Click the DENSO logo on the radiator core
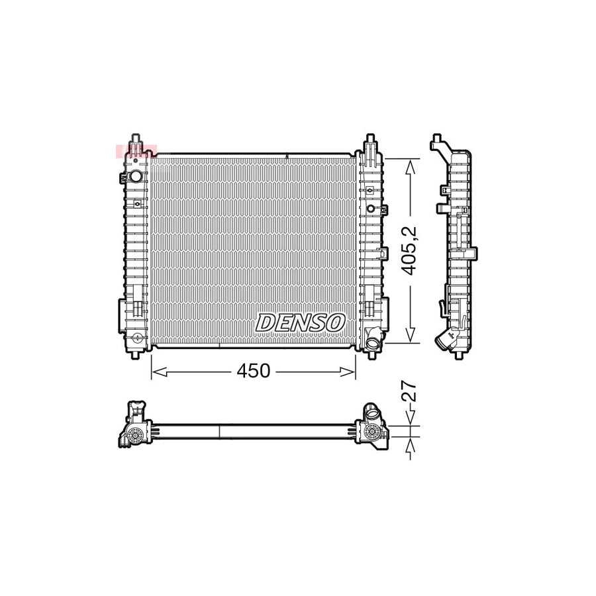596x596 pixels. pos(301,323)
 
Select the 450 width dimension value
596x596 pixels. pos(254,372)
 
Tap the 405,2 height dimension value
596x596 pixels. pos(411,251)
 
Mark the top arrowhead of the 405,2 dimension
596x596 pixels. pos(412,164)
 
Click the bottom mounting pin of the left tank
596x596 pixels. pos(136,354)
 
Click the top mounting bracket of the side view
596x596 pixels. pos(437,141)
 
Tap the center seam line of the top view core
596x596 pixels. pos(219,431)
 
